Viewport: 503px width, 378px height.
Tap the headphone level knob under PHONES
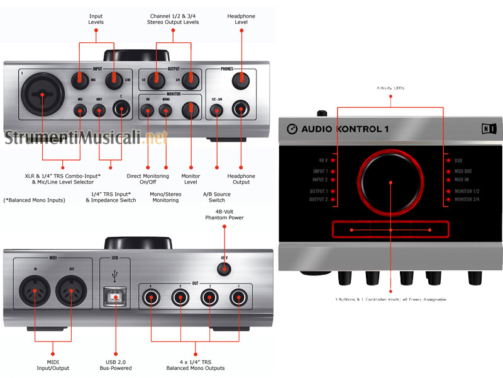click(x=239, y=81)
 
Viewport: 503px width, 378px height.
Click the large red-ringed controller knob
click(x=390, y=183)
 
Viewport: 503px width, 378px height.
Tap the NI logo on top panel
click(x=487, y=129)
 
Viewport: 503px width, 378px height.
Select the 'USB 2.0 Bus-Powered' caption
click(x=116, y=365)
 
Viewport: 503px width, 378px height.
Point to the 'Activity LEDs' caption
click(x=390, y=88)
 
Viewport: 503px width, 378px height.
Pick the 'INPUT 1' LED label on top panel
click(x=320, y=171)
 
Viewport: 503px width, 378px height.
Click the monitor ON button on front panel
click(x=148, y=111)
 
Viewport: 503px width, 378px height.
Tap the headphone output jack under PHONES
click(x=239, y=110)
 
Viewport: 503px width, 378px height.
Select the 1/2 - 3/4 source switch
click(x=217, y=111)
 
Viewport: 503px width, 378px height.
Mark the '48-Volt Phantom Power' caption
click(x=224, y=214)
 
